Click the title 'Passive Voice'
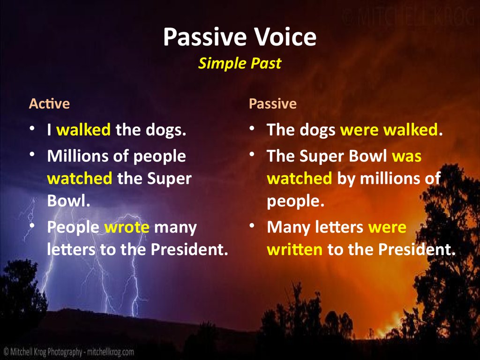point(240,38)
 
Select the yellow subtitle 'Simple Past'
point(240,63)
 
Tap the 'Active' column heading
point(49,104)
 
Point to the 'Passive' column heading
point(272,104)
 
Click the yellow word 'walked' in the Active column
point(83,130)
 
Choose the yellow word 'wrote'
point(127,227)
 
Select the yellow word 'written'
point(294,249)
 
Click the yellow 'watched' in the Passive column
point(299,179)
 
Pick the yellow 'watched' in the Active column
point(80,179)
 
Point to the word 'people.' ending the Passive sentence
point(295,201)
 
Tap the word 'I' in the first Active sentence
point(49,130)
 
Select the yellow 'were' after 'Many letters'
point(387,227)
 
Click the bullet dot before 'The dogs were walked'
point(252,128)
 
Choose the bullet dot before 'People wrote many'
point(32,226)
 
